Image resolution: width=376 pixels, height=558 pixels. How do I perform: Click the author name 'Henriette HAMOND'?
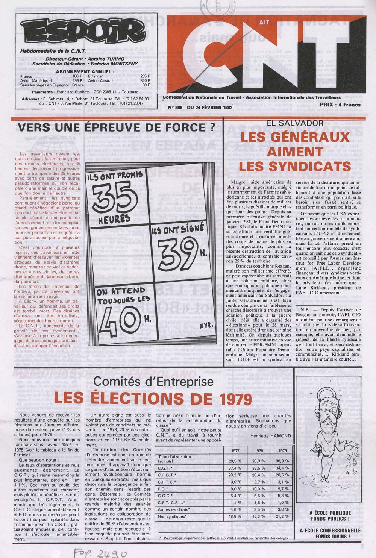click(270, 435)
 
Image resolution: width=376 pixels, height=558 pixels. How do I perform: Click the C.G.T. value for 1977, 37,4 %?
click(235, 468)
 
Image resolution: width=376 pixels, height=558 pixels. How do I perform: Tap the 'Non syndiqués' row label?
click(173, 516)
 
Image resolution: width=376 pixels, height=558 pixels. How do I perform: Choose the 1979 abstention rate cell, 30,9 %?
click(282, 461)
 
